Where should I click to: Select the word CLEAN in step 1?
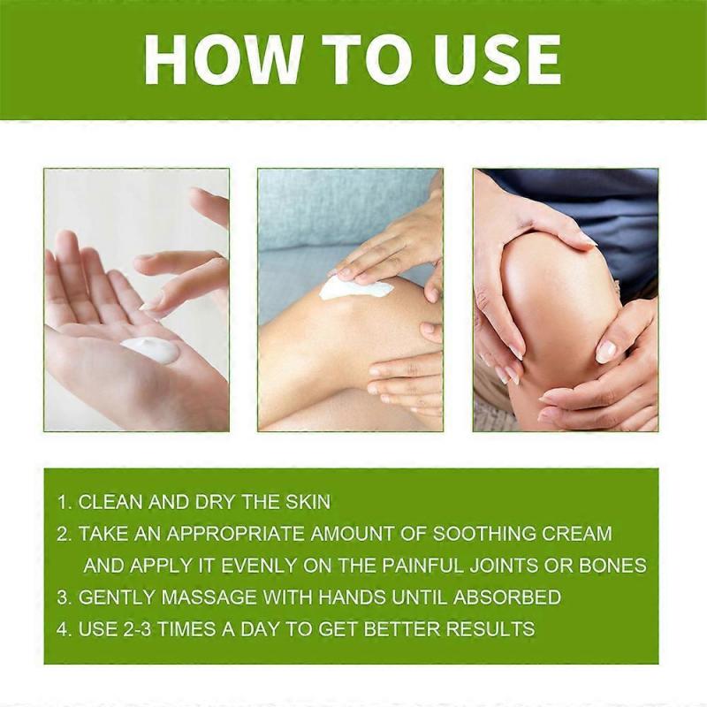pyautogui.click(x=110, y=502)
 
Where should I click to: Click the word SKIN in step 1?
pyautogui.click(x=306, y=502)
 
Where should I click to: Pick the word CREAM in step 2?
pyautogui.click(x=581, y=534)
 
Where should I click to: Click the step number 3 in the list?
pyautogui.click(x=63, y=597)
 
